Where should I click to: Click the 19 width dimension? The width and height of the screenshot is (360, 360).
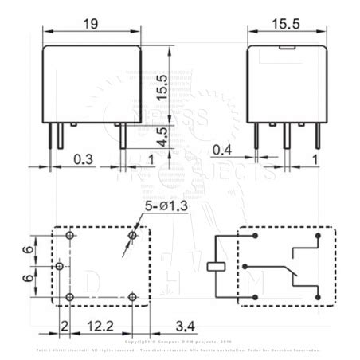point(92,25)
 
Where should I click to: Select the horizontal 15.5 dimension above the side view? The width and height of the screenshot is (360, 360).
point(285,25)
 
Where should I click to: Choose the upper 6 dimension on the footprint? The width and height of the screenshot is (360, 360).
point(28,252)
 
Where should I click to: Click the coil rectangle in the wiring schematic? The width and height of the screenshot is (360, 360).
point(215,267)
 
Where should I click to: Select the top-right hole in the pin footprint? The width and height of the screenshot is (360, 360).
point(132,237)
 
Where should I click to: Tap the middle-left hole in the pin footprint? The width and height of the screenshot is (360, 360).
point(60,266)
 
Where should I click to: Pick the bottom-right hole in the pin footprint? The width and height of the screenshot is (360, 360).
point(132,297)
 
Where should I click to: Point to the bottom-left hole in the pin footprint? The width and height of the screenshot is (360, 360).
point(70,297)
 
